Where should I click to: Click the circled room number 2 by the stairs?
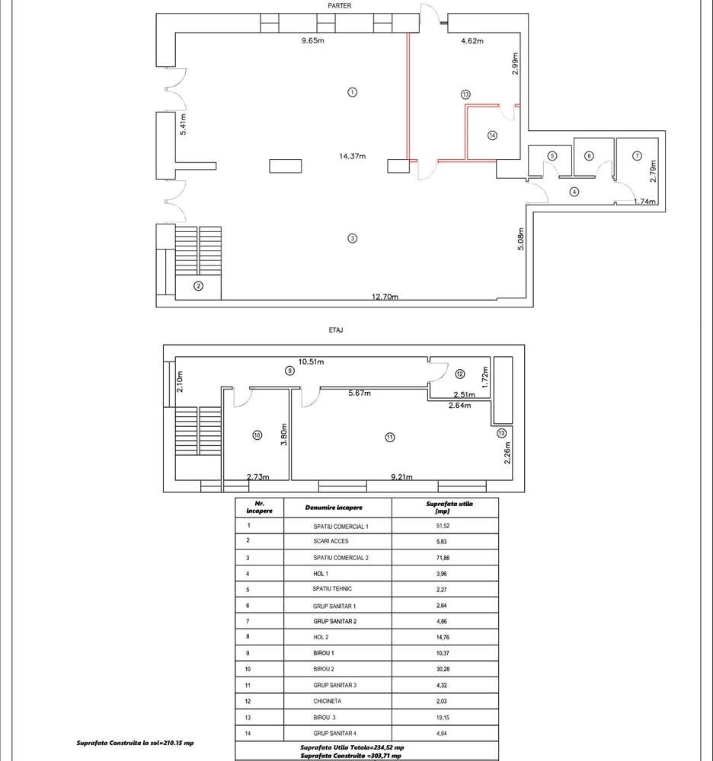pos(198,286)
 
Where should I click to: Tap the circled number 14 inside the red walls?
pos(492,135)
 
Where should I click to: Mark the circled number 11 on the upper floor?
pos(389,437)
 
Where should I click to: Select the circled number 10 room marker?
pos(257,435)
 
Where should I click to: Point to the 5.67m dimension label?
pos(360,393)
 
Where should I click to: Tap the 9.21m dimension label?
pos(401,477)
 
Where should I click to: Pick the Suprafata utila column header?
pos(444,508)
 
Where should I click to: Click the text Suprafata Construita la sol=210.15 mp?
pos(136,743)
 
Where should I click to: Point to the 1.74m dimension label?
pos(645,202)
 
